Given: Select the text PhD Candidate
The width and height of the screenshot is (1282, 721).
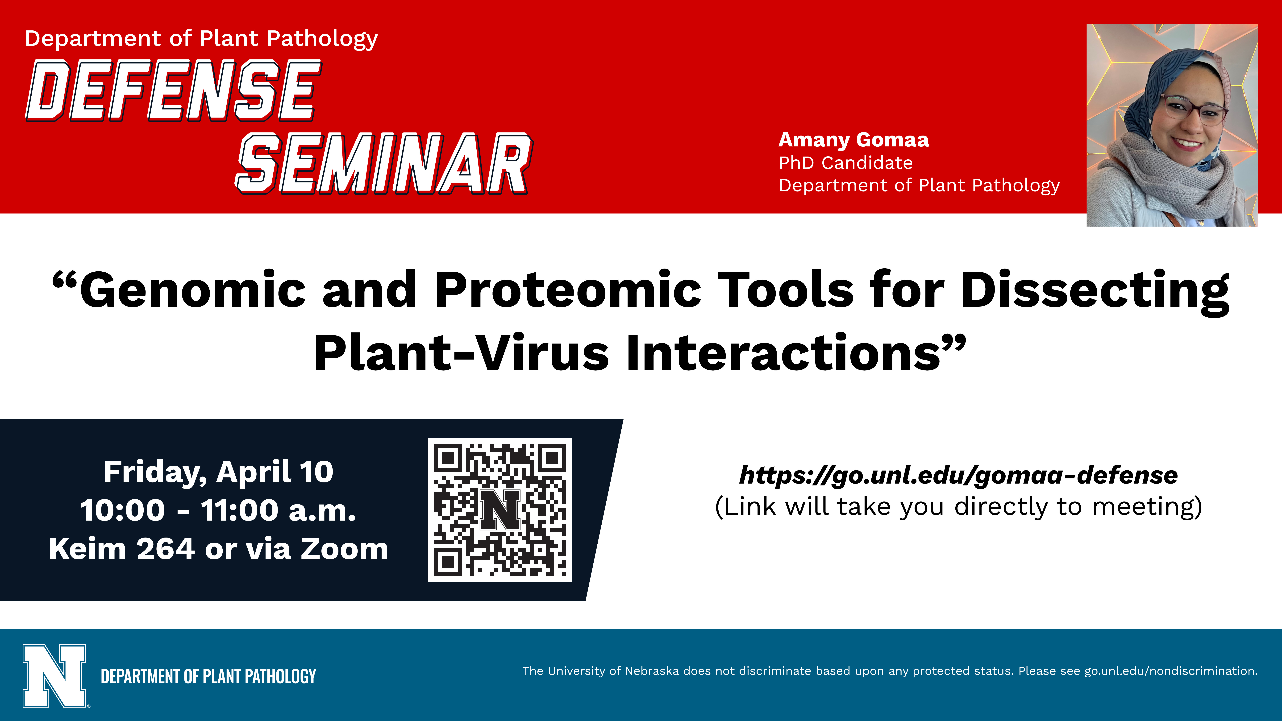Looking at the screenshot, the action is click(x=845, y=163).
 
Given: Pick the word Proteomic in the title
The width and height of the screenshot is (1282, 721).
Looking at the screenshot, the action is click(x=568, y=290).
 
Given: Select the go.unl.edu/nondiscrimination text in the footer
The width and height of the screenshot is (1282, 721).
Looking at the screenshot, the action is click(x=1170, y=671).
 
